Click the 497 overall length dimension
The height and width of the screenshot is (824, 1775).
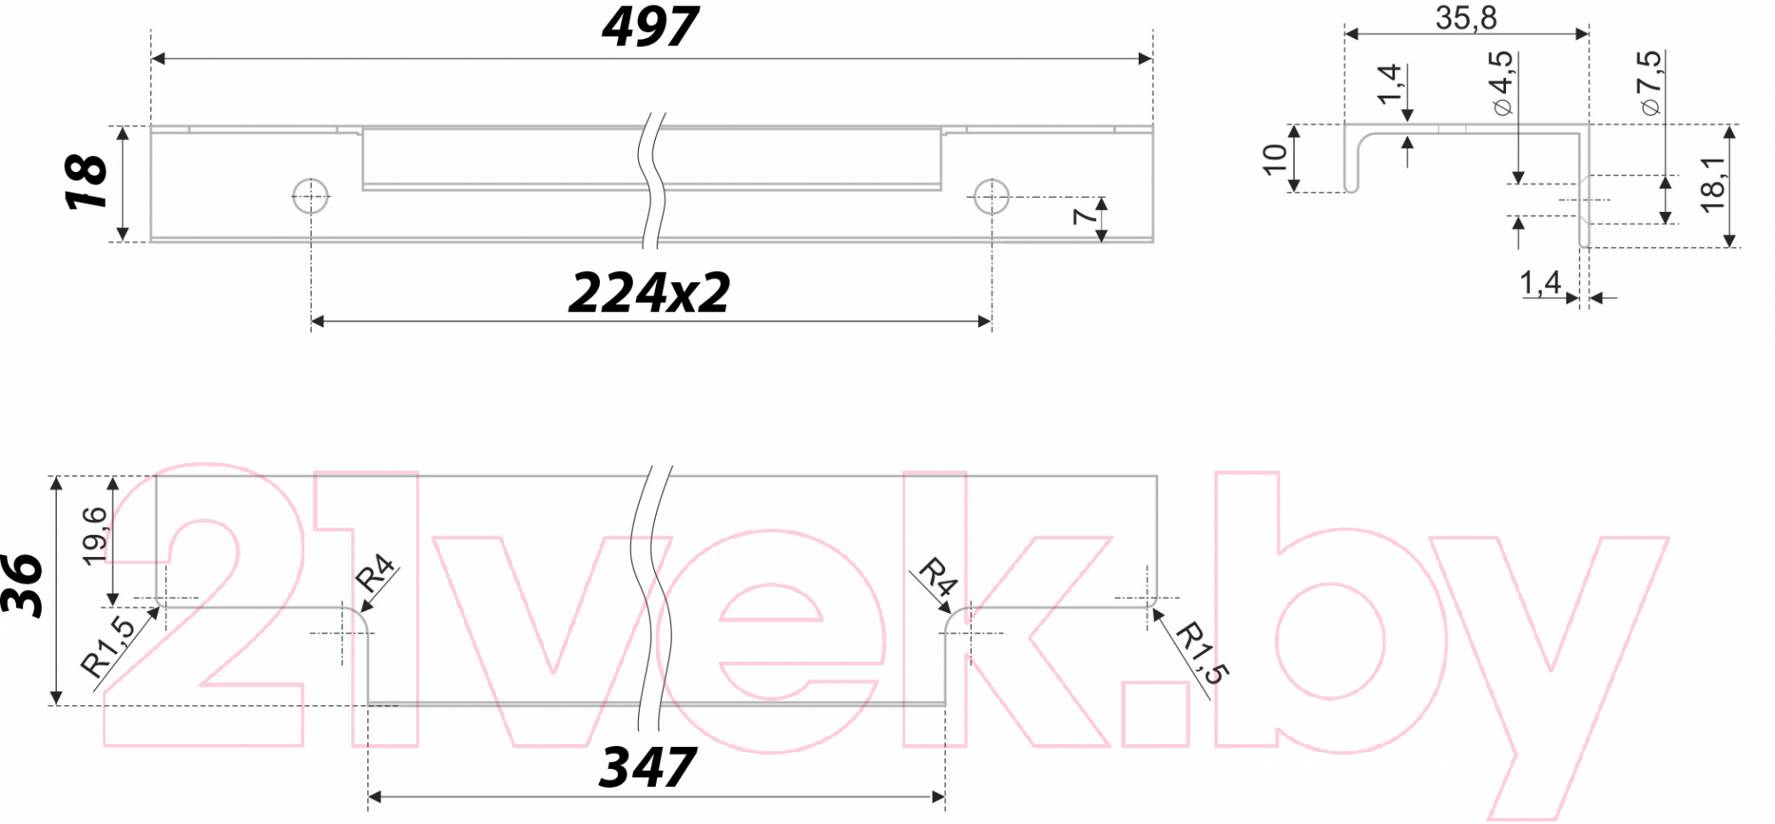click(651, 27)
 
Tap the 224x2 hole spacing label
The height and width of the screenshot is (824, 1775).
click(650, 292)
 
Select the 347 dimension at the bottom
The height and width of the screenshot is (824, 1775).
click(648, 767)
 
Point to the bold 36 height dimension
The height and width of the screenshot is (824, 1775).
click(21, 585)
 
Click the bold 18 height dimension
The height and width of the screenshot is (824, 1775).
click(86, 182)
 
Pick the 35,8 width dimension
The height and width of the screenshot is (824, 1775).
click(1466, 18)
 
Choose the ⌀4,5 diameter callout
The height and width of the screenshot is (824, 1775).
click(1501, 82)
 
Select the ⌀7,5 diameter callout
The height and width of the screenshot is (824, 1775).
click(1650, 82)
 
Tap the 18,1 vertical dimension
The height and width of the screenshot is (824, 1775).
click(1712, 184)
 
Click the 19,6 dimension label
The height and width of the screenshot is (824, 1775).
click(94, 535)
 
